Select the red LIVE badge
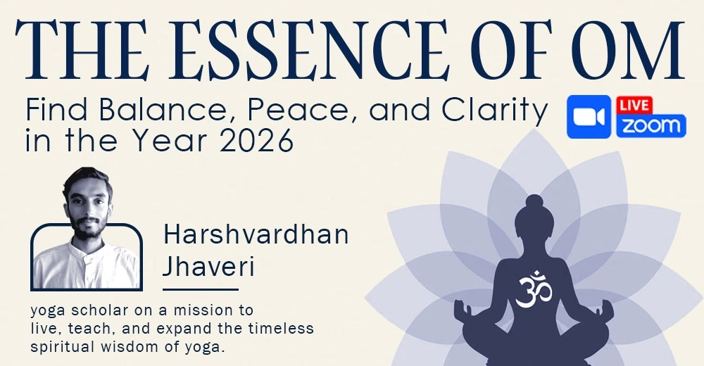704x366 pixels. [634, 105]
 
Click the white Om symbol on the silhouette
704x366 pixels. [533, 289]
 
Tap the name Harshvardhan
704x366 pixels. [256, 235]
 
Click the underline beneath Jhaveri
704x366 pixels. [200, 289]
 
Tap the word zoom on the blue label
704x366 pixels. [650, 126]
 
